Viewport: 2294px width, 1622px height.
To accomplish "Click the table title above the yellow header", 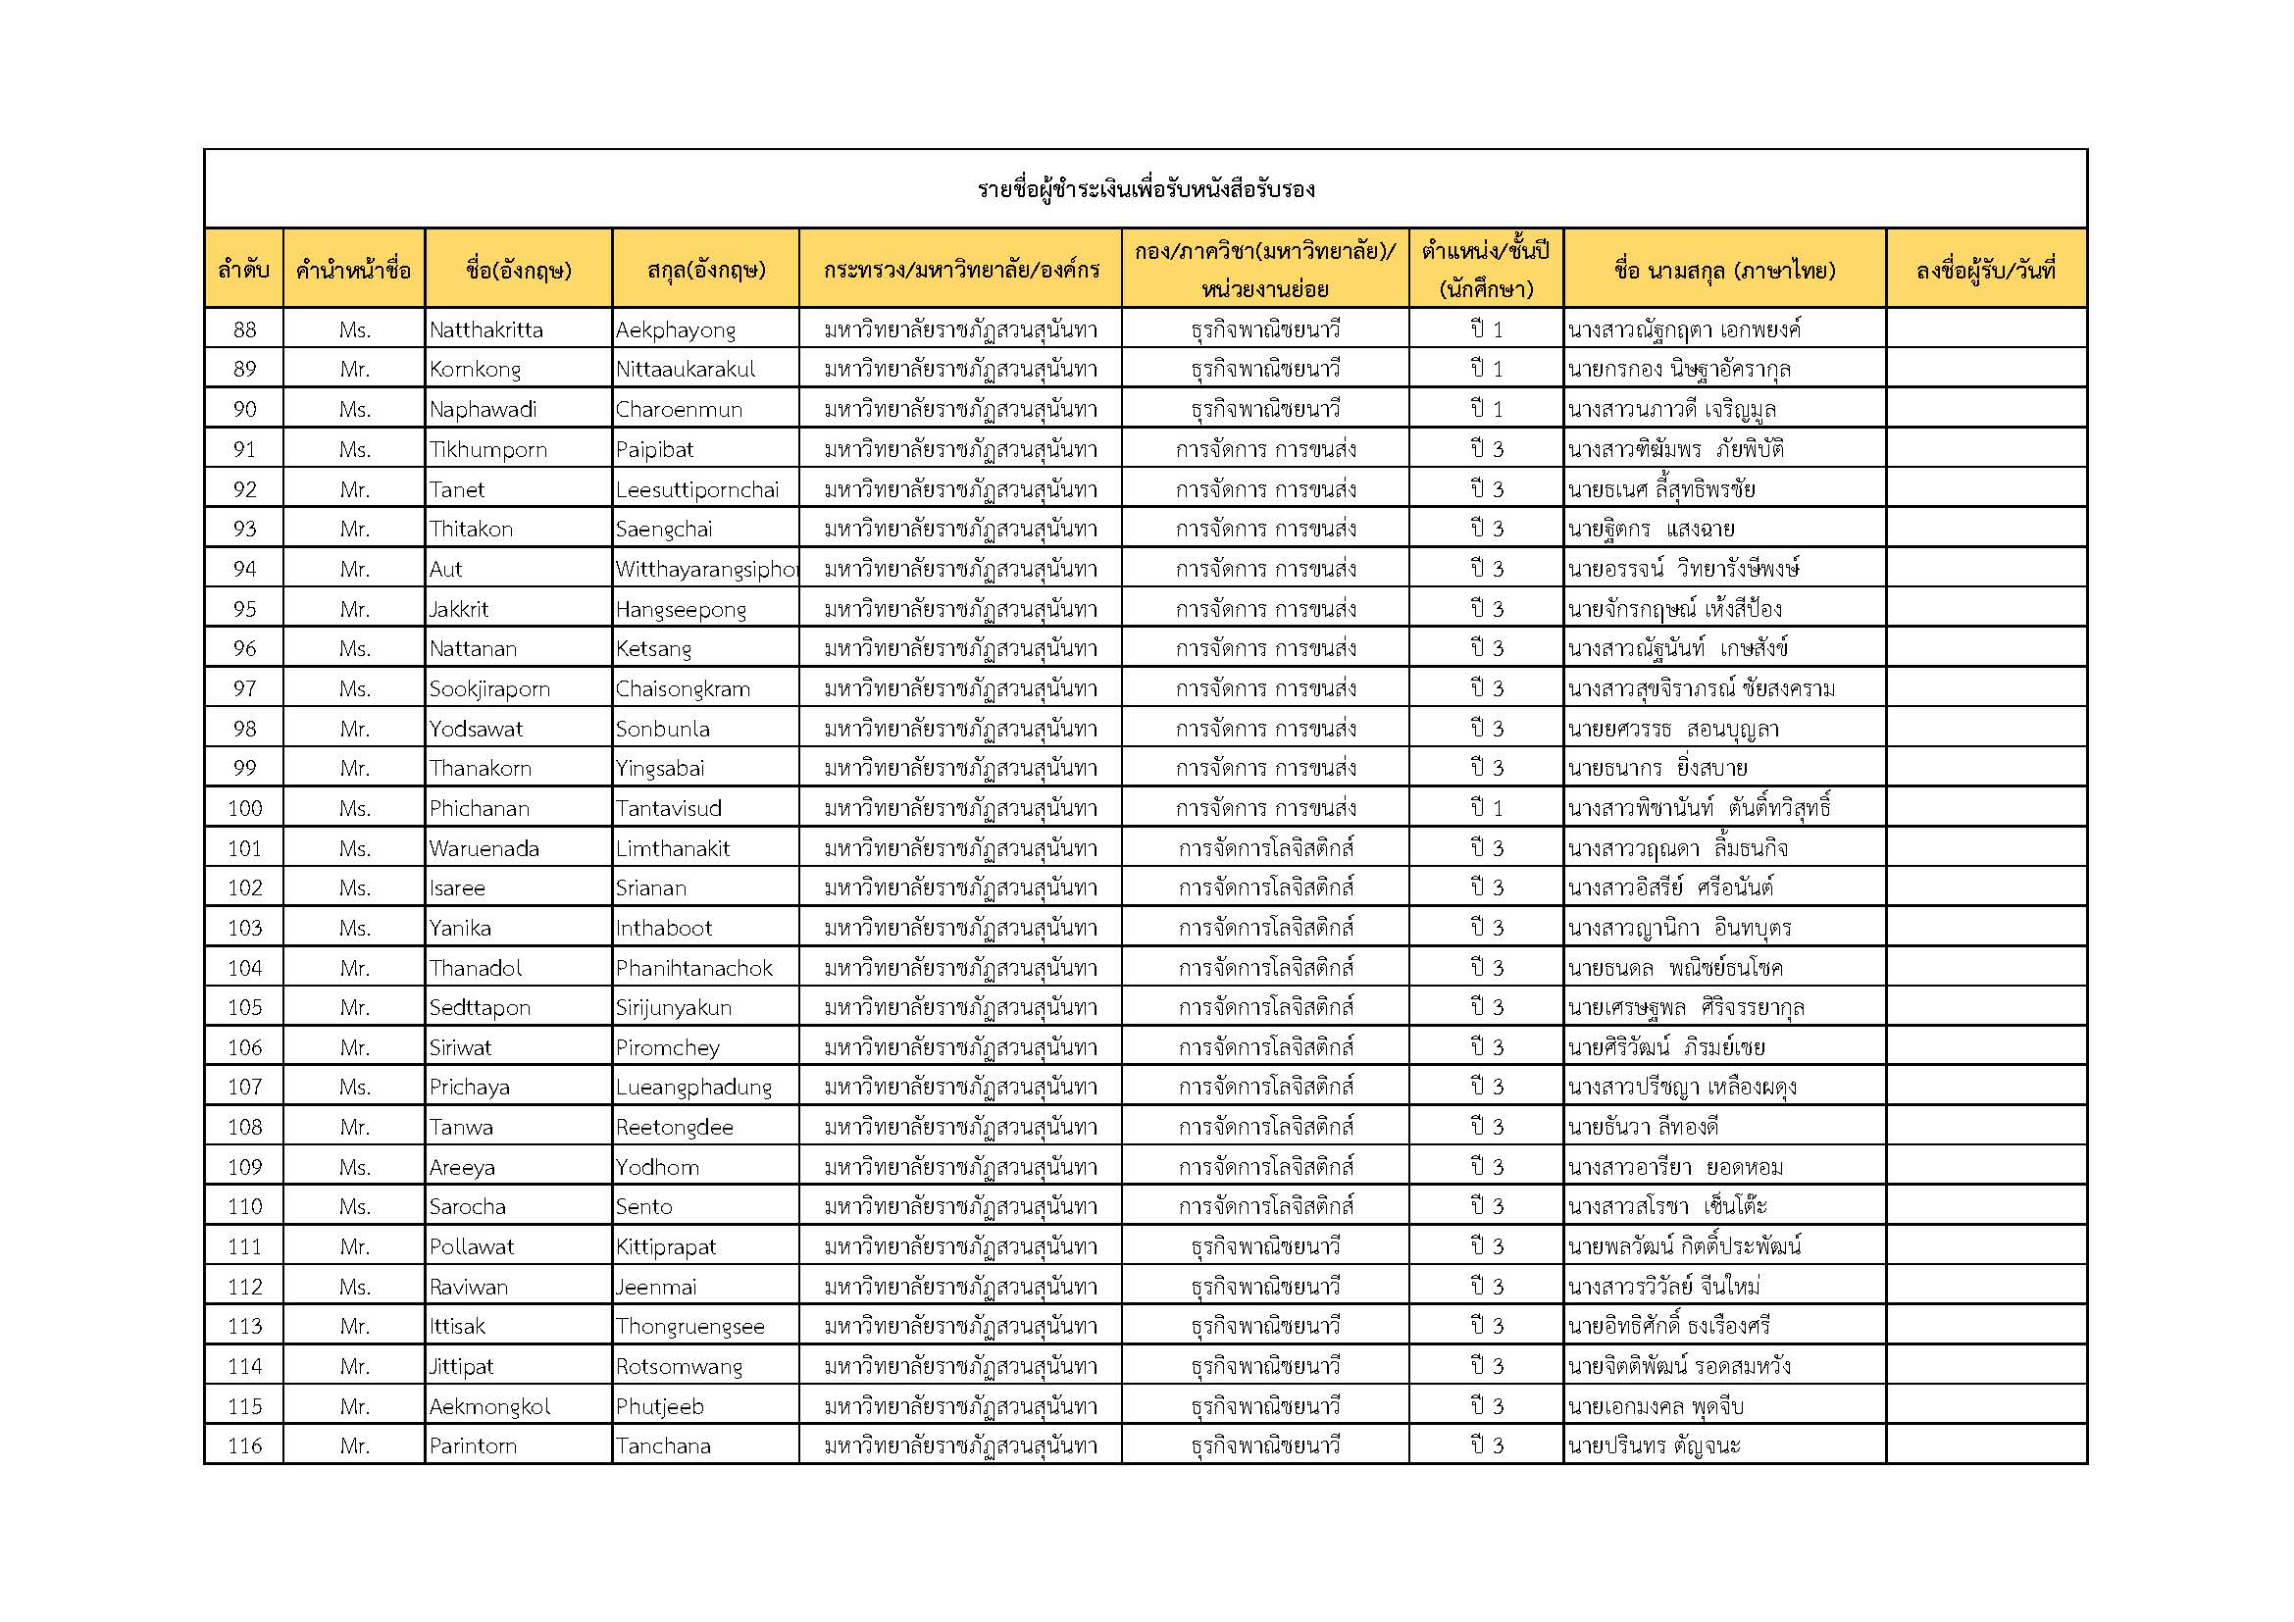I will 1145,190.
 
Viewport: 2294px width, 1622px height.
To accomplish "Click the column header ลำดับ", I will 244,270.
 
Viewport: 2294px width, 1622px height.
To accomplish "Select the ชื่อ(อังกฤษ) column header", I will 518,270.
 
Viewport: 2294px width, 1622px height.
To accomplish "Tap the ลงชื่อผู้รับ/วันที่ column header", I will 1985,270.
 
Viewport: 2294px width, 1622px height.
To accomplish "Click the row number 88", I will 244,329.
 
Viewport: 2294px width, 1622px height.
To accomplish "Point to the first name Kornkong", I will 475,370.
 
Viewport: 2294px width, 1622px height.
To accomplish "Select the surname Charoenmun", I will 679,410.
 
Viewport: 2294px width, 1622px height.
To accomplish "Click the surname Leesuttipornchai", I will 696,489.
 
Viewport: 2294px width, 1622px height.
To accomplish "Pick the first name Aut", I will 445,570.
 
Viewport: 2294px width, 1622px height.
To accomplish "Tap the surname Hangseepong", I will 681,609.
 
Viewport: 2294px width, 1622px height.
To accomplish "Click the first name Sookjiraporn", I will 489,689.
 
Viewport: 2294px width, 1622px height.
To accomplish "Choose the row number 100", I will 244,808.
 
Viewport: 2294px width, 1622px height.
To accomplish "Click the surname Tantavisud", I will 669,808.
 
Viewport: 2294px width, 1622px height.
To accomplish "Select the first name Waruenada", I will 484,848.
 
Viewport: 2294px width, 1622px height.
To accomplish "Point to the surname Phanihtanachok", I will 693,968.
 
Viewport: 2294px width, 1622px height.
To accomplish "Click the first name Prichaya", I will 470,1087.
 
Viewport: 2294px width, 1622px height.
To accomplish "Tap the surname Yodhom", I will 656,1167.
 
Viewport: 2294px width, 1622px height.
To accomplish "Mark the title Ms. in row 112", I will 355,1287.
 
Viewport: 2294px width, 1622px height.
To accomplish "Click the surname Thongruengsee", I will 689,1327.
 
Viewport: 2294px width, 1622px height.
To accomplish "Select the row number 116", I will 244,1445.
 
